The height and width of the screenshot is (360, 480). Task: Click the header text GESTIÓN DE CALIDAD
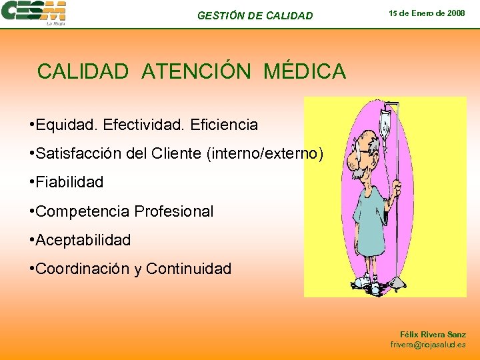coord(255,15)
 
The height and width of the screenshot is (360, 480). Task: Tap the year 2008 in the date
coord(455,13)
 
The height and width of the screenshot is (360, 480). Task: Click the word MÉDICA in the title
coord(305,71)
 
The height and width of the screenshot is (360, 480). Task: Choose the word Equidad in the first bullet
coord(59,125)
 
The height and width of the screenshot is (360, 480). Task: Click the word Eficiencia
coord(224,125)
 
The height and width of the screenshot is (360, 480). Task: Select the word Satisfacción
coord(78,154)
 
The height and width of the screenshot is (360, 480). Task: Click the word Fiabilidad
coord(70,182)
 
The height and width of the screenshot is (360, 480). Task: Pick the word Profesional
coord(174,211)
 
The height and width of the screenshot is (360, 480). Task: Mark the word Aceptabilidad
coord(83,239)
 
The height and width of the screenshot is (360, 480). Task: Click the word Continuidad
coord(189,269)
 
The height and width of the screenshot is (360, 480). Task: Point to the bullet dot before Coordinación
coord(32,269)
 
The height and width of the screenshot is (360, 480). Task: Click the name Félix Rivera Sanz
coord(433,334)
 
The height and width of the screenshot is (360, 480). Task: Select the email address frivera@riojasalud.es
coord(428,345)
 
